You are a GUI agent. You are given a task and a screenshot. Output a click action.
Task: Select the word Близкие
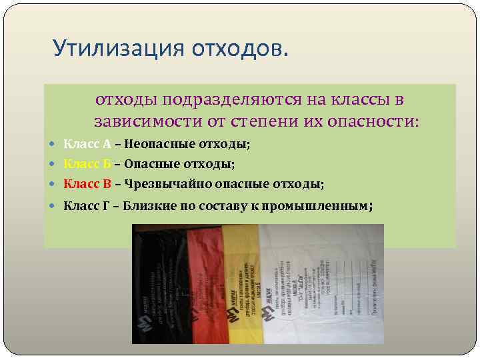tap(154, 206)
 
